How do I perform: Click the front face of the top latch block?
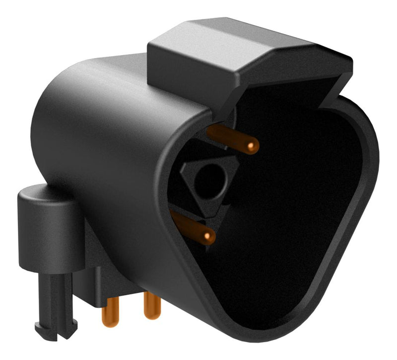(x=194, y=74)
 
